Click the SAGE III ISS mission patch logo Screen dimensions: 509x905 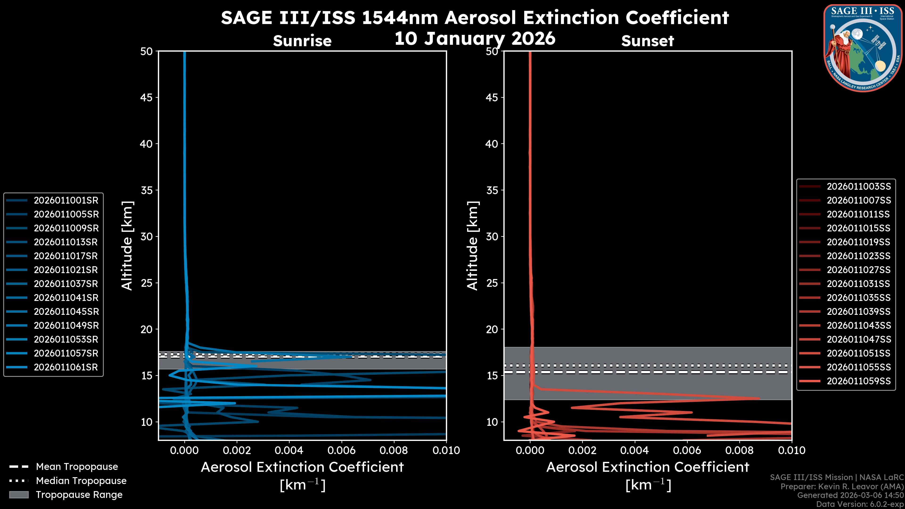[863, 48]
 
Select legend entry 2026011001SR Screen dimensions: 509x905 [66, 200]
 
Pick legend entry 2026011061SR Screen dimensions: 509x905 [66, 367]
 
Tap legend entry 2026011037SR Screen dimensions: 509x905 [66, 283]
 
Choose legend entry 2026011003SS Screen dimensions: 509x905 [859, 186]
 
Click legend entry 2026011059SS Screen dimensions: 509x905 [859, 381]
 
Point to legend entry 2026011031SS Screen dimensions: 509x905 [859, 283]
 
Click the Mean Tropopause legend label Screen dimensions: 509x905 [77, 467]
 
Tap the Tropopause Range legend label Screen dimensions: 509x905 [79, 495]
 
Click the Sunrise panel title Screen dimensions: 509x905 [302, 41]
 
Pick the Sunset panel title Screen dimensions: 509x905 [647, 41]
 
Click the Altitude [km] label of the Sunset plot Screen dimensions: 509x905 [473, 246]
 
